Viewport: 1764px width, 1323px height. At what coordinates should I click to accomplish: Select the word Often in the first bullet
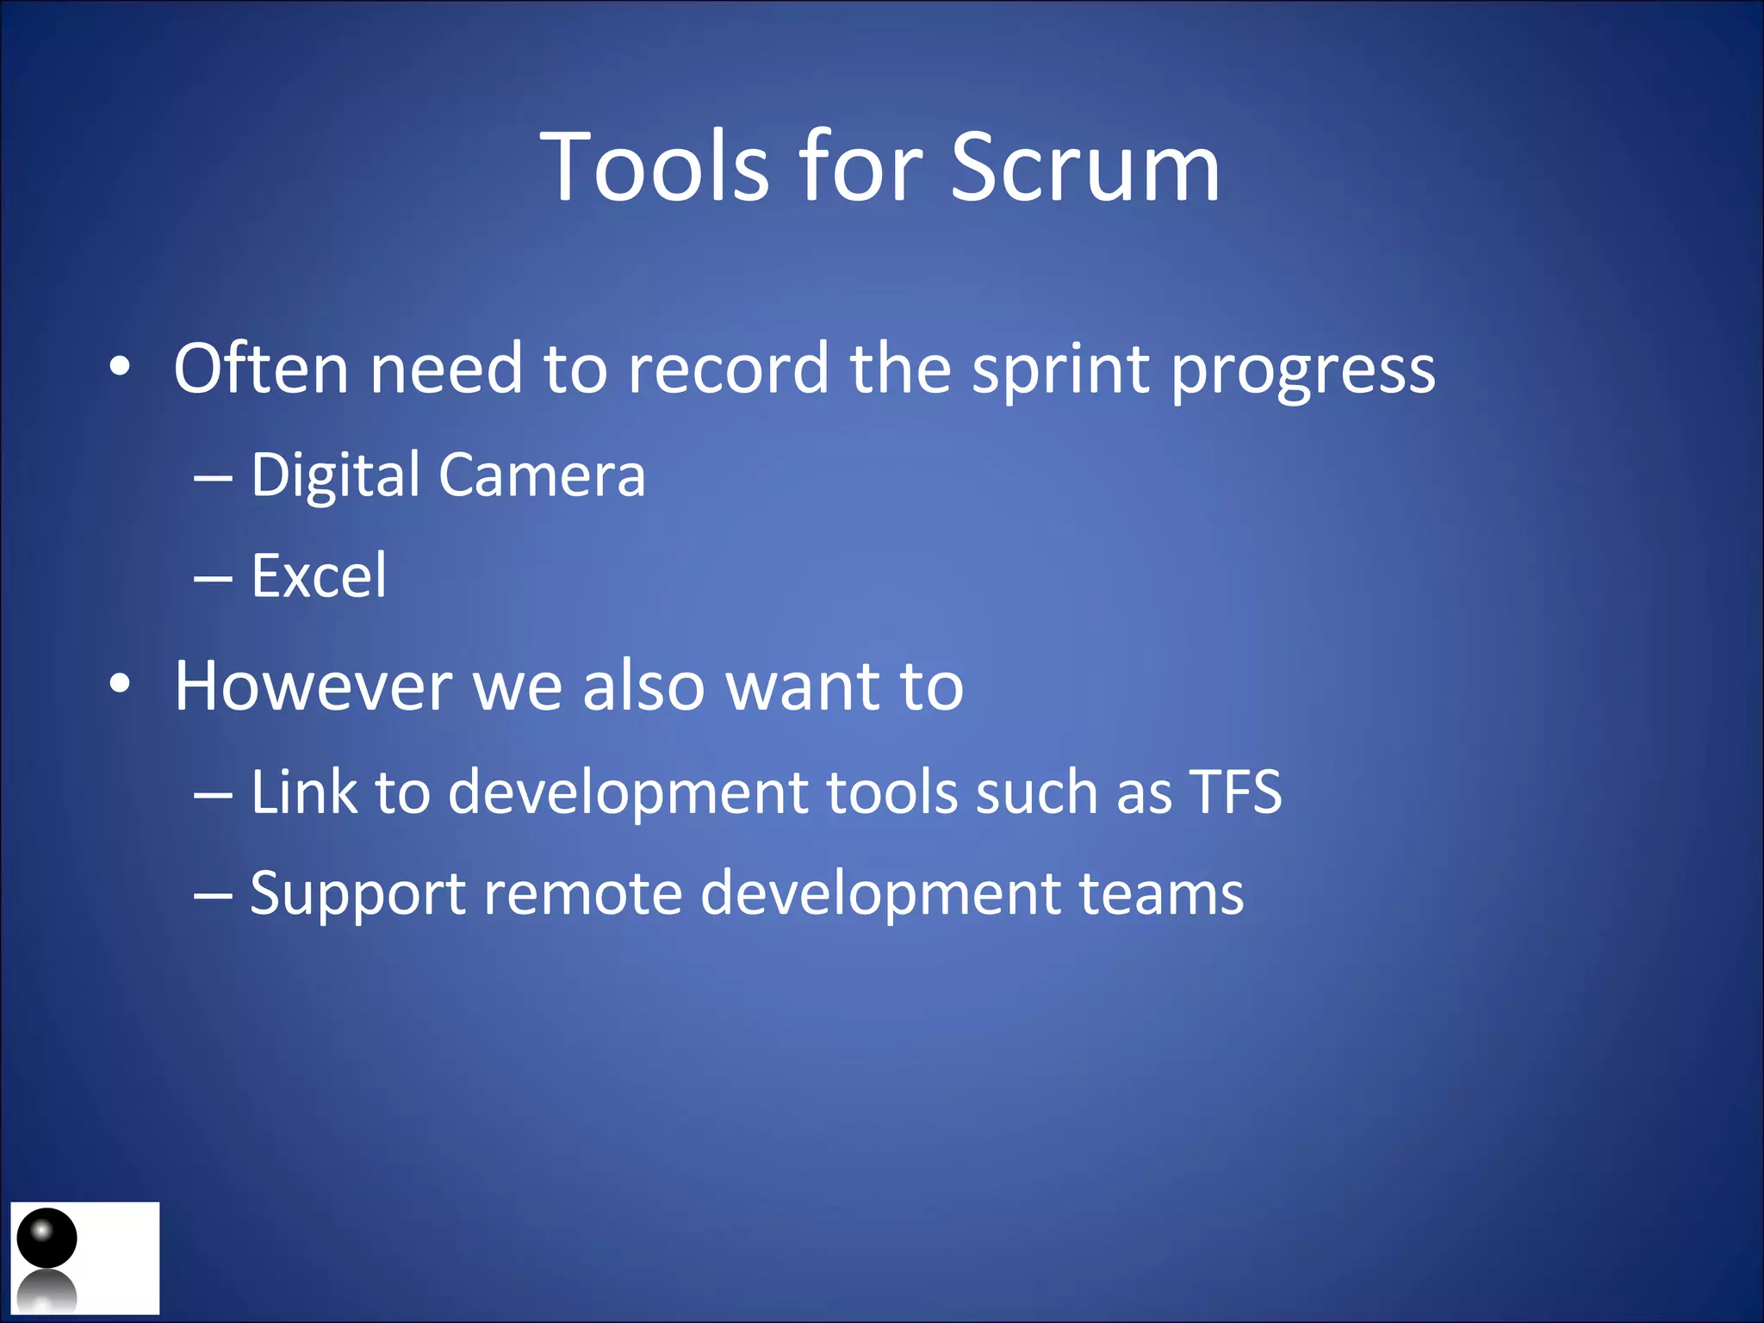[260, 369]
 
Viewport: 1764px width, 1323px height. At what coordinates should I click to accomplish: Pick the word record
[728, 369]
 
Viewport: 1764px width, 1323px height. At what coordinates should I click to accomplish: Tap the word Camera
[542, 475]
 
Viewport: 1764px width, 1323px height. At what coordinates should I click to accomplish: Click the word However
[313, 686]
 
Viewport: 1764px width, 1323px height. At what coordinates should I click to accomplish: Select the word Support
[357, 894]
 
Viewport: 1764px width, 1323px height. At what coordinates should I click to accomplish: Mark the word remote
[583, 894]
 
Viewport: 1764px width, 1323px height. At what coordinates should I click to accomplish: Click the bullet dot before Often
[120, 369]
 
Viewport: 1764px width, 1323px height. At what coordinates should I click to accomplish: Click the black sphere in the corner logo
[47, 1238]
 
